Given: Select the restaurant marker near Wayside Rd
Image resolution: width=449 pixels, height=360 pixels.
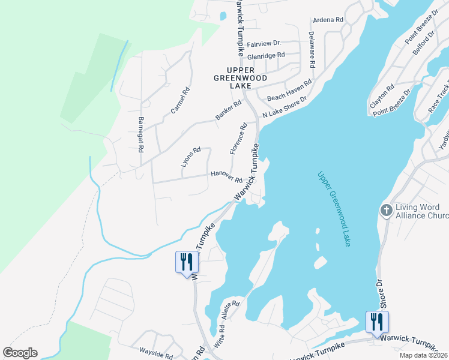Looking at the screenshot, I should [x=186, y=263].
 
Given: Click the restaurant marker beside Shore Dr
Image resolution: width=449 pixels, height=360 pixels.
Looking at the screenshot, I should [x=377, y=322].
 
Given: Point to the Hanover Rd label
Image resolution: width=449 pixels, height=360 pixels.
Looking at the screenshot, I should [x=226, y=176].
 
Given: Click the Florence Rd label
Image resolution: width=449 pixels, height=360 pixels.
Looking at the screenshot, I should [x=240, y=137].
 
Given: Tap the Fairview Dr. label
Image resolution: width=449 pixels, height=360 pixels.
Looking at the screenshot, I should [x=264, y=44].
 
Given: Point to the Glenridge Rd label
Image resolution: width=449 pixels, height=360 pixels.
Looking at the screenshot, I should [x=265, y=55].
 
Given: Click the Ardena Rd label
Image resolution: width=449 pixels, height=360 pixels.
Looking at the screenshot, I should [x=328, y=20].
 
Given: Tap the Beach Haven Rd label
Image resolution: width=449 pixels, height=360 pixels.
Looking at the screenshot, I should [x=289, y=90].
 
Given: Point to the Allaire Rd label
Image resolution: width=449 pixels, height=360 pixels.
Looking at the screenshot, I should [x=229, y=311].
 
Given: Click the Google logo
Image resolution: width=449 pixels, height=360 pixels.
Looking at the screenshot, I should [x=20, y=353].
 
